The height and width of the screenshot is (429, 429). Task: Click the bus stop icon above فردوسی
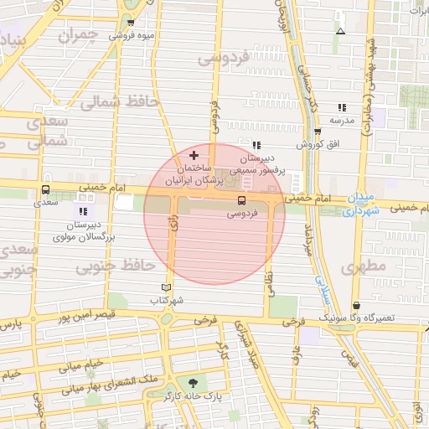pyautogui.click(x=241, y=200)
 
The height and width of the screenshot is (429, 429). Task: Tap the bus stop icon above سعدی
pyautogui.click(x=45, y=189)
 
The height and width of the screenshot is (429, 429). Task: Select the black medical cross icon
pyautogui.click(x=194, y=155)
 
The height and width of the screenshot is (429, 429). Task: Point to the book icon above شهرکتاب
pyautogui.click(x=165, y=287)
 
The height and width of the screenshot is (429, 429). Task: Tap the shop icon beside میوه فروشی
pyautogui.click(x=131, y=23)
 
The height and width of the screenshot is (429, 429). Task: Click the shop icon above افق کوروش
pyautogui.click(x=318, y=132)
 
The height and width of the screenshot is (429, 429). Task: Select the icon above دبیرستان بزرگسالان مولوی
pyautogui.click(x=83, y=210)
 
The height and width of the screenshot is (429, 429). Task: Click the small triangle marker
pyautogui.click(x=339, y=31)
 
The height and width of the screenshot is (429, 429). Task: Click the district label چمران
pyautogui.click(x=79, y=36)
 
